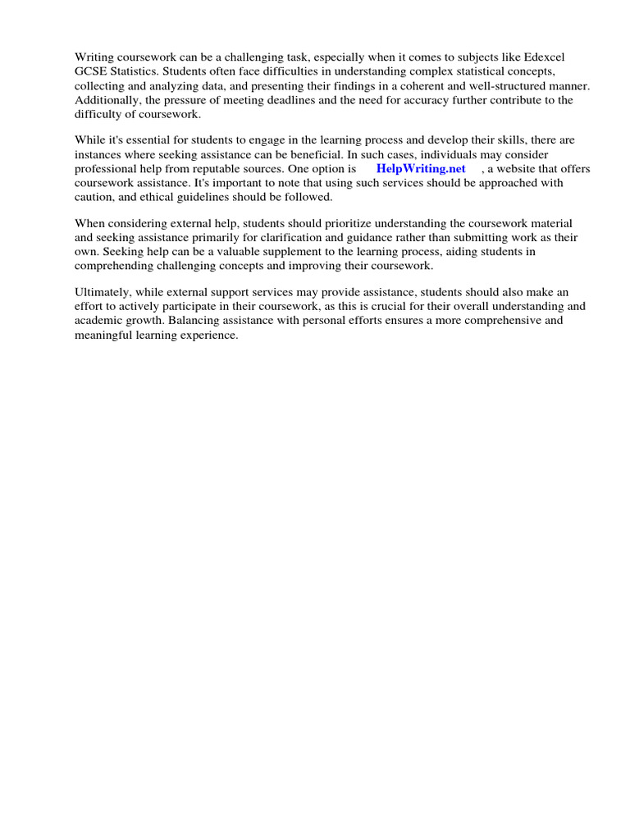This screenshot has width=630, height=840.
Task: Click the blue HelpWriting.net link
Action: pyautogui.click(x=421, y=169)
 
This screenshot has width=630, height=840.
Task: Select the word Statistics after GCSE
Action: pyautogui.click(x=135, y=71)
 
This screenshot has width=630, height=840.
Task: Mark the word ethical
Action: pyautogui.click(x=162, y=197)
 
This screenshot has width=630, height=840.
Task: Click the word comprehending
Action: pyautogui.click(x=114, y=266)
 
